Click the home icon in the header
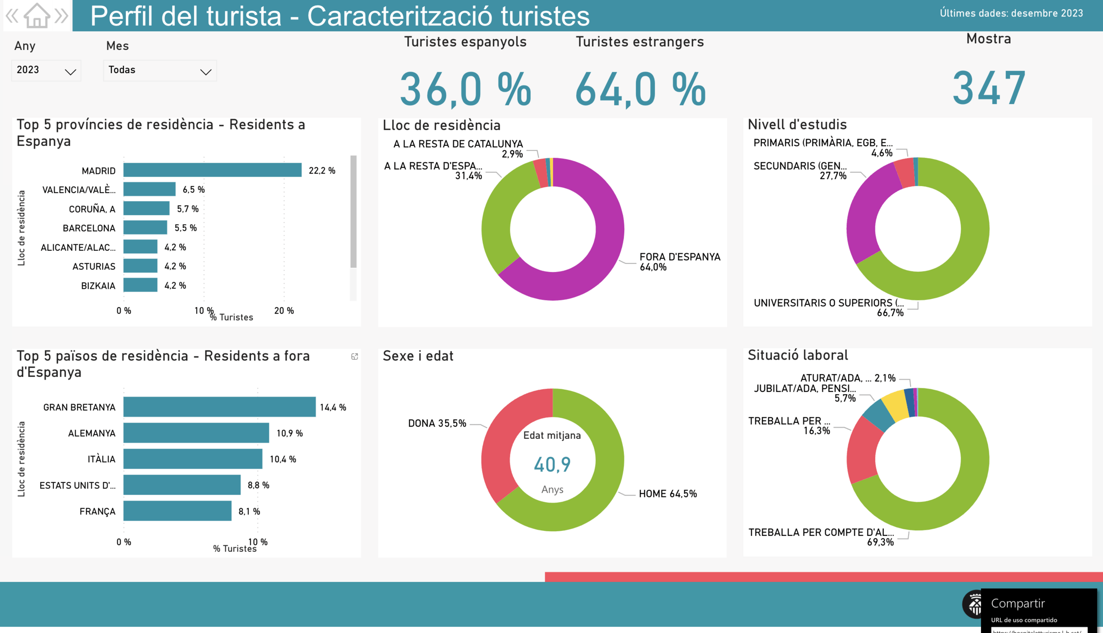37,15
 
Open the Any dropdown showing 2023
46,70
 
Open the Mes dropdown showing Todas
160,70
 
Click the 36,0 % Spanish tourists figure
465,89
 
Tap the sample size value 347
988,88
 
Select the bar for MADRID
212,170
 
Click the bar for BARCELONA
145,228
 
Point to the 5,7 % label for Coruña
187,209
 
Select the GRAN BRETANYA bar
219,407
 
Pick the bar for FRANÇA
177,511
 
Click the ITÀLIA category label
101,459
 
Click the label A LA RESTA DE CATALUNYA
458,144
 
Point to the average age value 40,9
552,465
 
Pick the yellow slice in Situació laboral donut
895,404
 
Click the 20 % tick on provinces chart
284,311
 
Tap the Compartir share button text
1018,603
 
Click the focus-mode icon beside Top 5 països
354,357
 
